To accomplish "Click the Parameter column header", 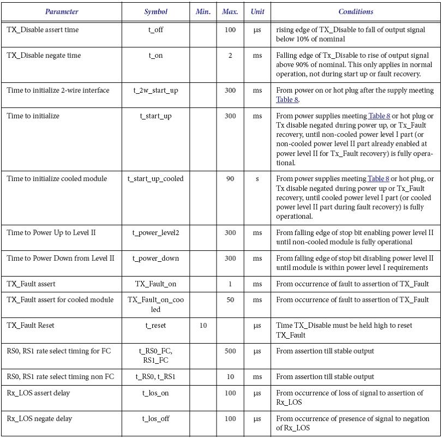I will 62,11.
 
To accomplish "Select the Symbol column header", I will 155,11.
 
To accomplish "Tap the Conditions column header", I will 356,11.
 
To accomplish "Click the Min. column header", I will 203,11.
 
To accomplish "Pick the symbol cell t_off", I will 155,30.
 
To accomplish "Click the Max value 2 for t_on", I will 230,56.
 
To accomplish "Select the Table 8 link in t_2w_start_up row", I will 287,100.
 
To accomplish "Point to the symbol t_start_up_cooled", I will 155,179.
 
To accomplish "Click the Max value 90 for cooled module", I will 230,179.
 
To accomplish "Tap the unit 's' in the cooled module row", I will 257,179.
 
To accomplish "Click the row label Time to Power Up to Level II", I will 51,233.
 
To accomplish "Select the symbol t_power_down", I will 155,259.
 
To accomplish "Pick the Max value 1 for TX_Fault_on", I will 230,284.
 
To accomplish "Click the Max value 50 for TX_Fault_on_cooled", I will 230,300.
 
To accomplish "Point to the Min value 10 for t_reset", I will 203,326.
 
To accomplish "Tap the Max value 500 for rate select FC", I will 230,351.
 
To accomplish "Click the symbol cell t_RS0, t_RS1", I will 155,377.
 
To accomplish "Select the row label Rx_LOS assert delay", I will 39,393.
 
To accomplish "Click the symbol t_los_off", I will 155,419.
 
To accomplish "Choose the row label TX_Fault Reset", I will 31,326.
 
